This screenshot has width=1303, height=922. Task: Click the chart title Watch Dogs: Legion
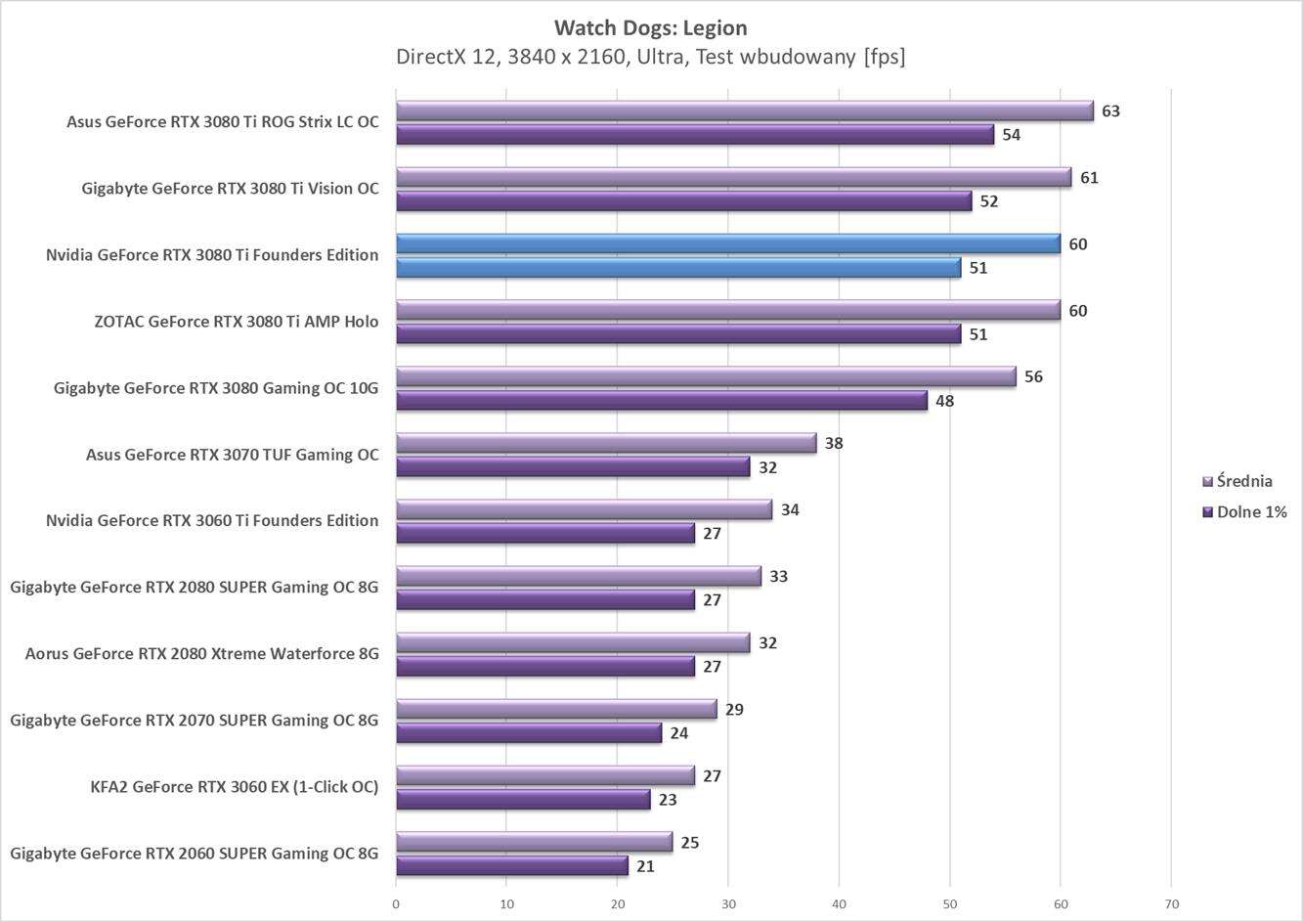tap(650, 27)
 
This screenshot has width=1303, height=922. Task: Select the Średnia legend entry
tap(1243, 480)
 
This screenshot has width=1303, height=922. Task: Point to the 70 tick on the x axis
tap(1171, 904)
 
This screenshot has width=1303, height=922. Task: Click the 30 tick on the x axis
tap(728, 904)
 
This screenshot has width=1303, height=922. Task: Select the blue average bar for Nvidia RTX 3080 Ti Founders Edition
tap(728, 243)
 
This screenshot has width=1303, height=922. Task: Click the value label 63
tap(1110, 110)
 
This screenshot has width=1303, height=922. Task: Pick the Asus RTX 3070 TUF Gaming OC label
tap(232, 455)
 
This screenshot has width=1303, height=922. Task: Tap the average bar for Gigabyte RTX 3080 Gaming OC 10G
tap(706, 376)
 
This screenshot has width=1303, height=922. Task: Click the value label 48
tap(944, 401)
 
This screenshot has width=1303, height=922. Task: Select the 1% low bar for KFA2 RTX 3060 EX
tap(523, 800)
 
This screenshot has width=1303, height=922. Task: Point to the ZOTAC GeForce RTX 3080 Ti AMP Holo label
tap(236, 322)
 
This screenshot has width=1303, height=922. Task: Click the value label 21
tap(645, 866)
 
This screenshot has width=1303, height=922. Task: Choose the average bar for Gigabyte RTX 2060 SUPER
tap(534, 842)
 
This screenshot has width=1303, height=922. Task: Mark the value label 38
tap(834, 443)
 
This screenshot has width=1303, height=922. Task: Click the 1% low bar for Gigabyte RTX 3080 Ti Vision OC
tap(684, 201)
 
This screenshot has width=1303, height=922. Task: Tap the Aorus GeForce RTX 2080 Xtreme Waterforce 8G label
tap(201, 654)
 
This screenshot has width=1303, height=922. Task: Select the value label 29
tap(734, 709)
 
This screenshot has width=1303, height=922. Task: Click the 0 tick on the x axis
tap(396, 904)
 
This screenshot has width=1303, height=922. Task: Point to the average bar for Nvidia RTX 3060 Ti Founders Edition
tap(584, 509)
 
